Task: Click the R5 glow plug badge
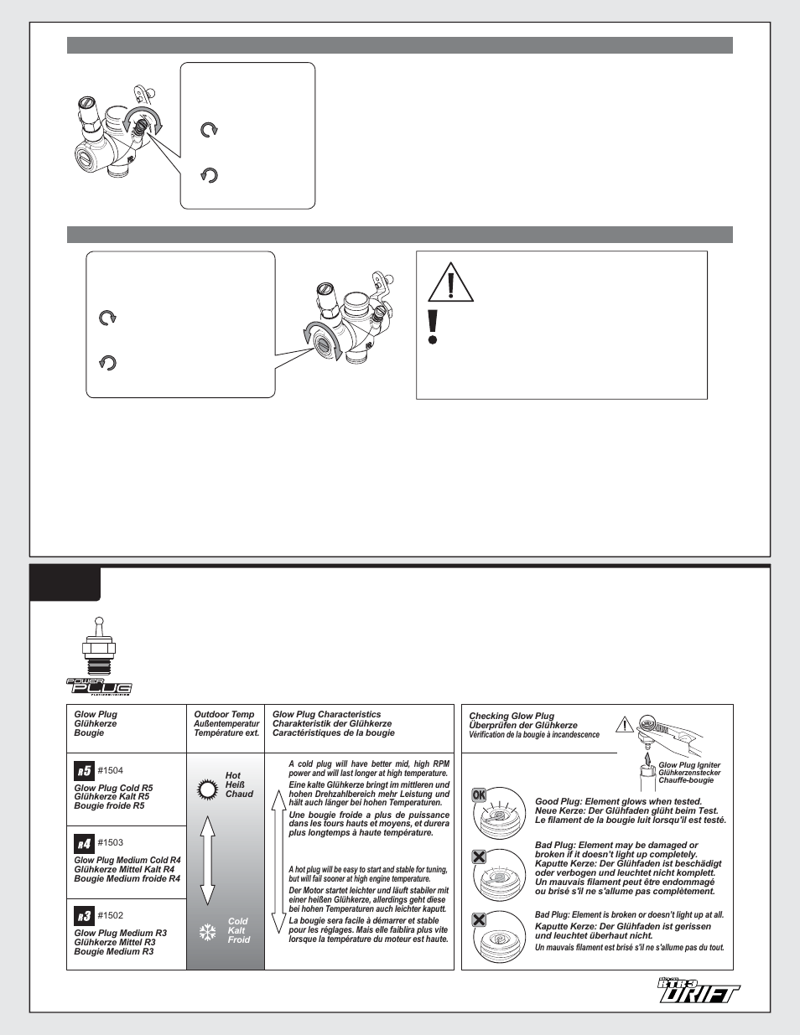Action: point(84,771)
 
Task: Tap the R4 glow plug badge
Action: point(84,844)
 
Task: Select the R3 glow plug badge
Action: point(84,916)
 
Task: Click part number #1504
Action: point(110,771)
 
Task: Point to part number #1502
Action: point(110,915)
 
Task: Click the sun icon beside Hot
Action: point(208,789)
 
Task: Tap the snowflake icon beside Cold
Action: point(208,932)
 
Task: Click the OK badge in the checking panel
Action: point(479,795)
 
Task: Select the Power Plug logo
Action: point(99,686)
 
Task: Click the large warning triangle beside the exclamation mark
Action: point(451,282)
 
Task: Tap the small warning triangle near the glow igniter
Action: point(624,724)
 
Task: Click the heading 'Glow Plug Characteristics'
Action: point(326,715)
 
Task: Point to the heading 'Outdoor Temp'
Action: point(224,715)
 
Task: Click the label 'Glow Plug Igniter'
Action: point(689,765)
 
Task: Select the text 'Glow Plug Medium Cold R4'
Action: point(127,860)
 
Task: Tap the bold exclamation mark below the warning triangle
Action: point(433,327)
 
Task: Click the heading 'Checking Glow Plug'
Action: point(512,717)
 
